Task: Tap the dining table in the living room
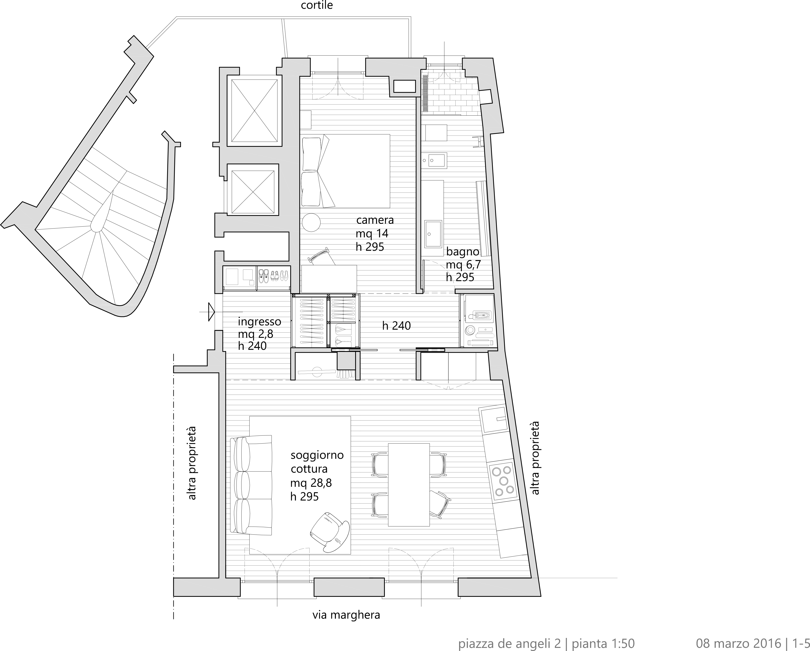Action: pos(409,484)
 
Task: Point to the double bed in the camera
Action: pos(346,171)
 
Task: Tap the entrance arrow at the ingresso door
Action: pos(211,312)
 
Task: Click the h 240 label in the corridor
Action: pos(396,326)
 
